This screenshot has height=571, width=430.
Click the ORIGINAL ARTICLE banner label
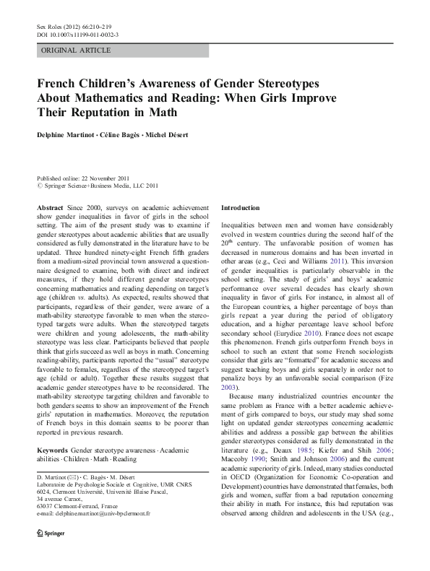tap(76, 51)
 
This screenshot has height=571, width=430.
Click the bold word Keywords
tap(53, 450)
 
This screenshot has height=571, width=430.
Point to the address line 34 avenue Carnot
tap(60, 497)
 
